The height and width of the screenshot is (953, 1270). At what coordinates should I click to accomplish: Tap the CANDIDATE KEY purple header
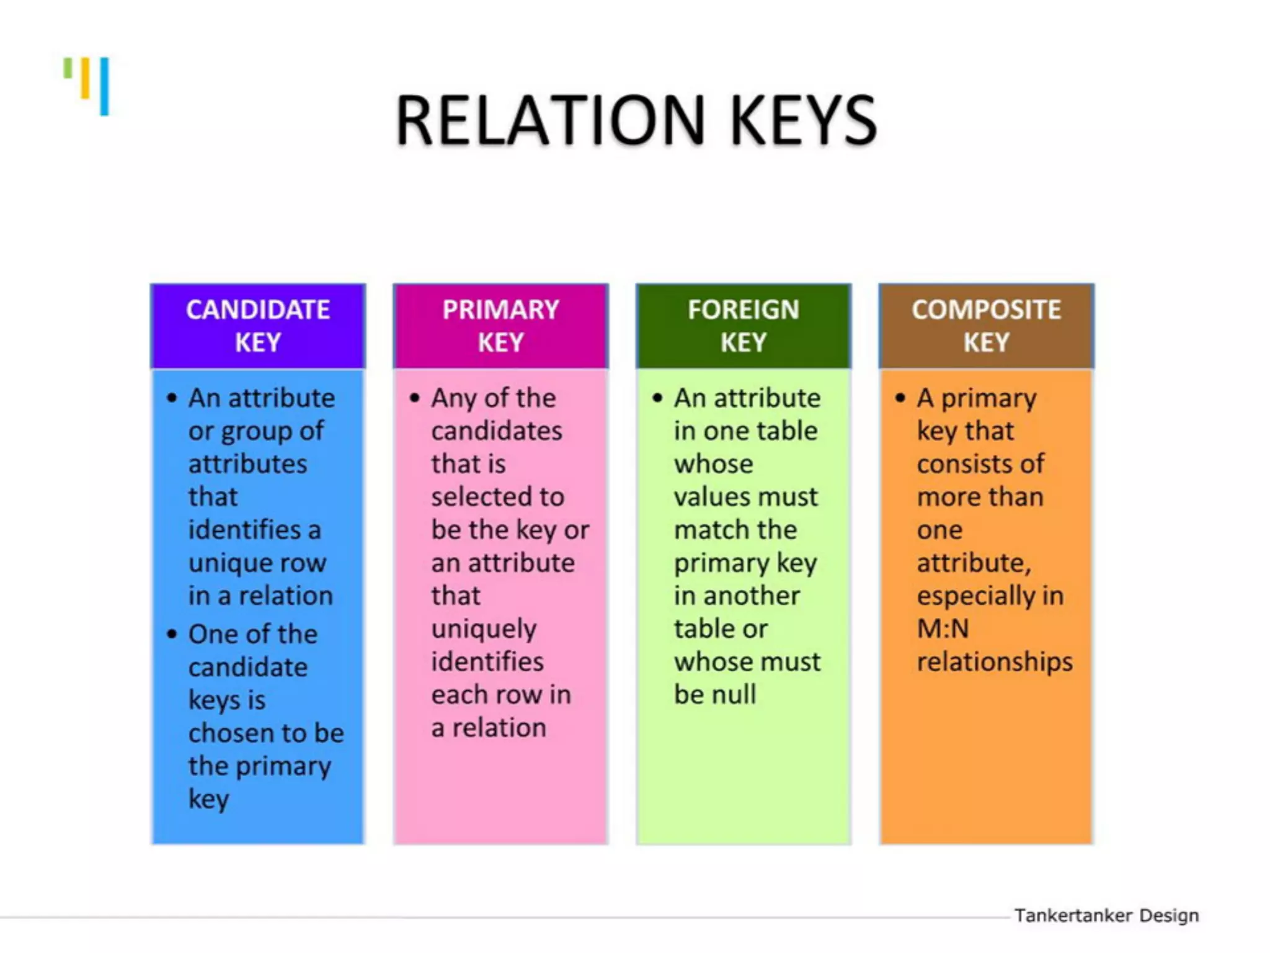(x=258, y=326)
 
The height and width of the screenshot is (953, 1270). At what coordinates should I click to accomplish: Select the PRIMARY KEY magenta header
(x=500, y=326)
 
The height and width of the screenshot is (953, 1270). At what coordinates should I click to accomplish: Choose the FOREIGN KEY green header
(x=744, y=326)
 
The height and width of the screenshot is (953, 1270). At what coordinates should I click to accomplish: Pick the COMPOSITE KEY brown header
(x=986, y=326)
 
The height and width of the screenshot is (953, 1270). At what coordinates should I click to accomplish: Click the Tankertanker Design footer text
(x=1106, y=915)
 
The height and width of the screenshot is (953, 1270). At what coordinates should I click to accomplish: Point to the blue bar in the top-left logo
(x=104, y=86)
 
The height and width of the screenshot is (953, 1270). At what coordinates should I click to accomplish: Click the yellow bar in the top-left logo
(x=86, y=78)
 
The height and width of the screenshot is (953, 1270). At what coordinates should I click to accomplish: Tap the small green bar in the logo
(x=68, y=68)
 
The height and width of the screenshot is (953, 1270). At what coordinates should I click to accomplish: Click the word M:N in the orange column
(x=943, y=629)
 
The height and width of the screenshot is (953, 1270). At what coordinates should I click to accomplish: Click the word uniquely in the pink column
(x=484, y=629)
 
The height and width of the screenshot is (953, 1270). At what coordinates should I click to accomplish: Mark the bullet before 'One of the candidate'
(x=172, y=634)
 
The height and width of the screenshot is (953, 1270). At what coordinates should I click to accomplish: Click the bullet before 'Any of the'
(x=415, y=398)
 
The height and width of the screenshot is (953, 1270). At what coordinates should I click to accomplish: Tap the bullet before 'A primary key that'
(x=900, y=398)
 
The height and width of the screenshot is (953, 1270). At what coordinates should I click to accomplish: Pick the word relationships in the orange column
(x=995, y=661)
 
